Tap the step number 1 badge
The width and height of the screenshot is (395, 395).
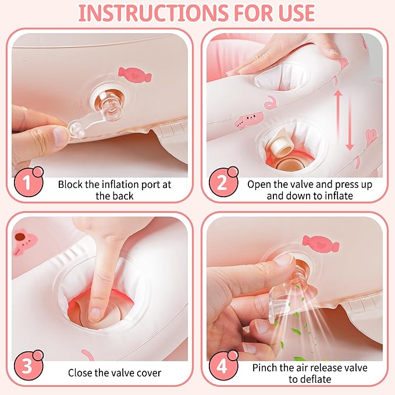click(x=28, y=182)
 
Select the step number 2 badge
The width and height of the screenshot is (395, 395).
click(x=223, y=182)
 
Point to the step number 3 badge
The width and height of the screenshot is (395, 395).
click(x=28, y=365)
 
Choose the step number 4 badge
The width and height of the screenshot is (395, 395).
click(x=223, y=365)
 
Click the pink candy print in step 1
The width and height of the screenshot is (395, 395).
click(x=135, y=74)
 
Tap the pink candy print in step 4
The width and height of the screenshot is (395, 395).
click(x=321, y=243)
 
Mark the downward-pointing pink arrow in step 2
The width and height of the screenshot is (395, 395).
click(x=350, y=123)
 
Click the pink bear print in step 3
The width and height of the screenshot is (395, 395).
click(x=24, y=241)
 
